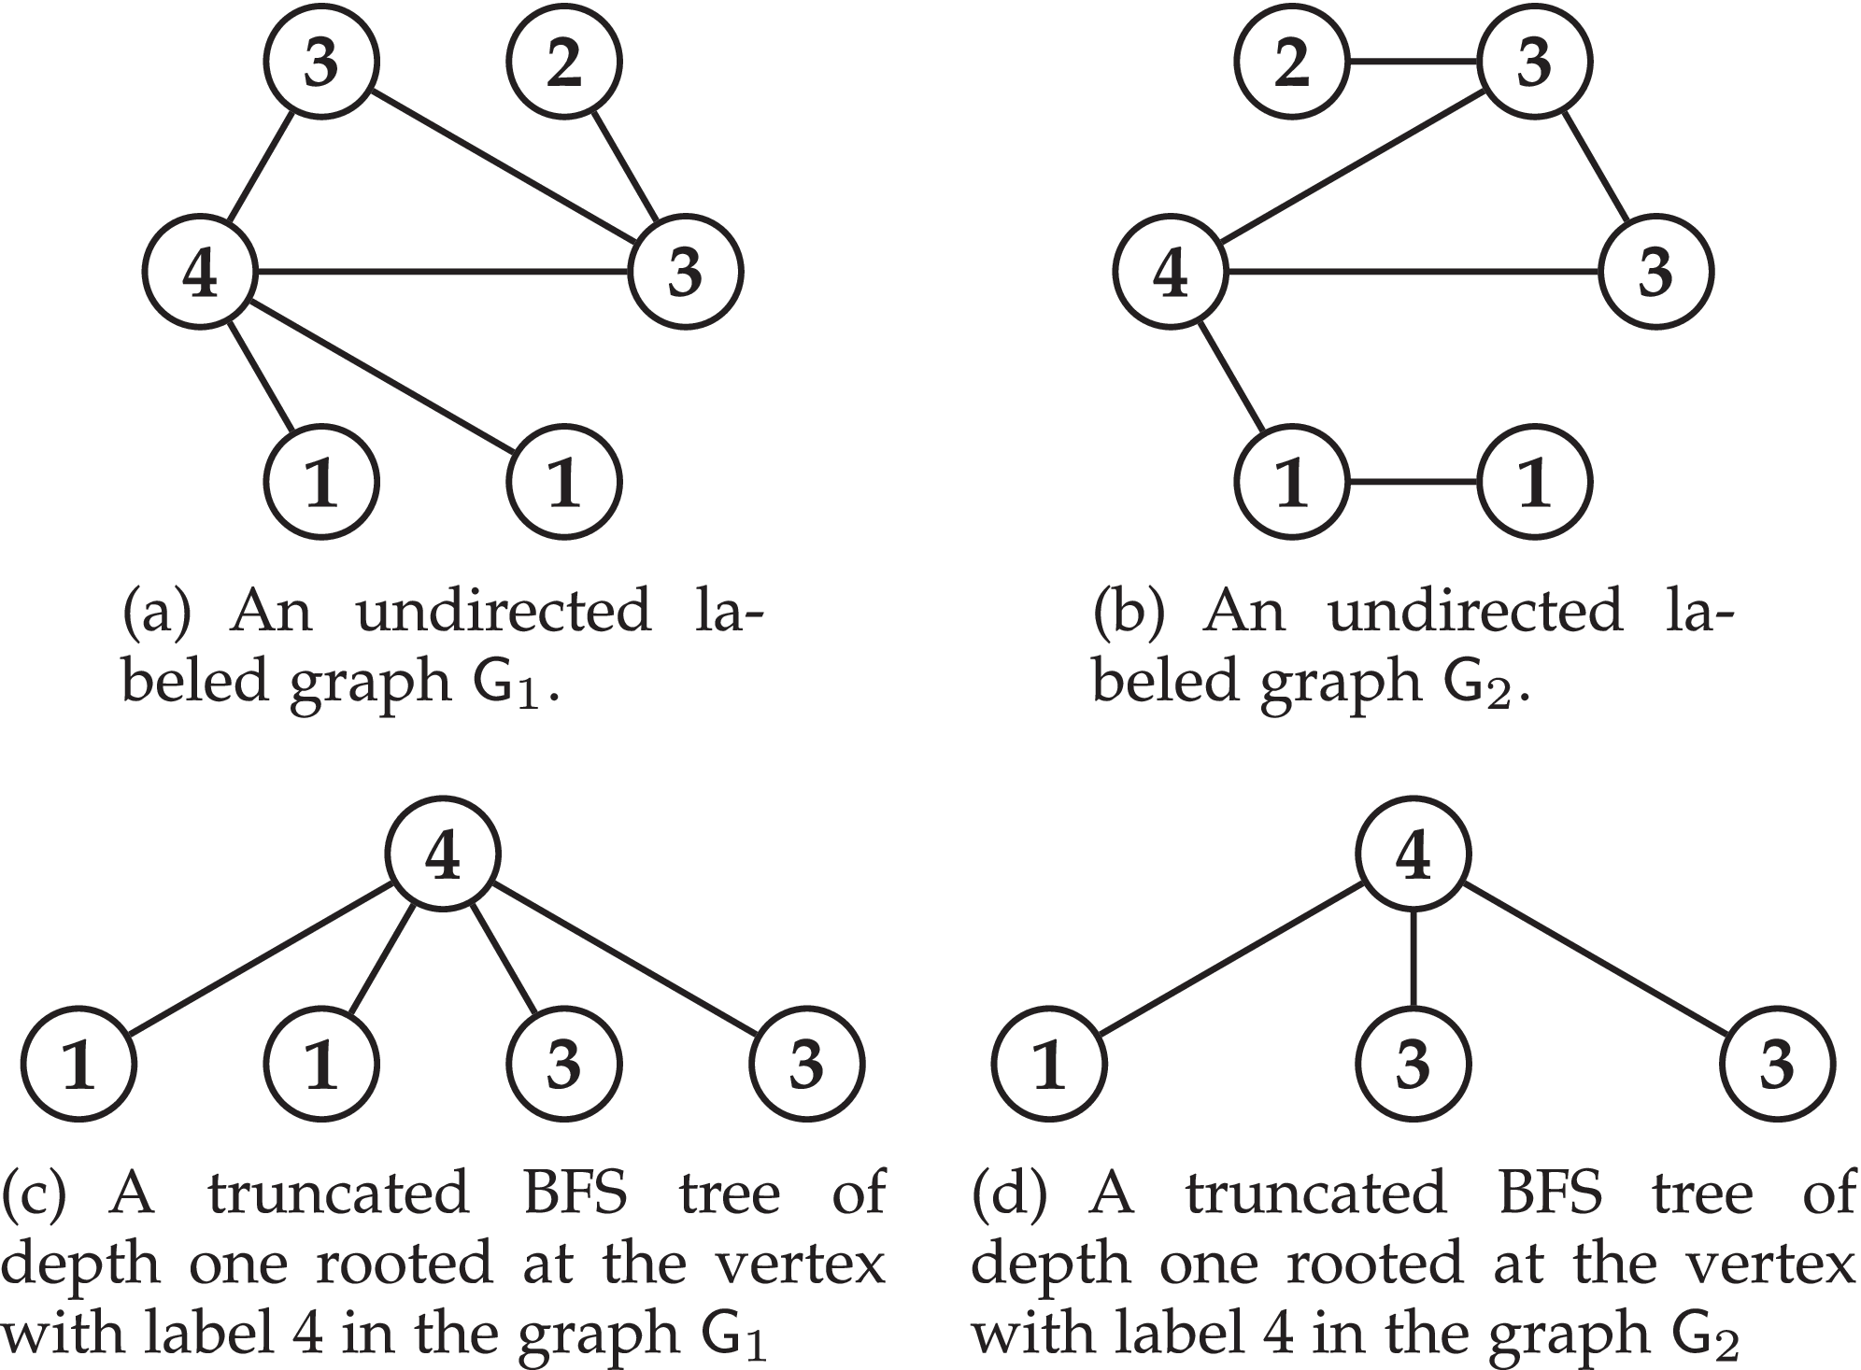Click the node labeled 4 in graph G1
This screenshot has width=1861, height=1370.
pyautogui.click(x=200, y=273)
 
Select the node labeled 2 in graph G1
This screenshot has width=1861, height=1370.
pyautogui.click(x=563, y=64)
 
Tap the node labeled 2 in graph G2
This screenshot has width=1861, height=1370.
pyautogui.click(x=1292, y=64)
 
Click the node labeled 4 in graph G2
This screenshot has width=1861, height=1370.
pyautogui.click(x=1171, y=273)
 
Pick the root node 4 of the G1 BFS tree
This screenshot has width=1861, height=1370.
pyautogui.click(x=443, y=854)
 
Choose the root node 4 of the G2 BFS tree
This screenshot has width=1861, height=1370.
pyautogui.click(x=1413, y=854)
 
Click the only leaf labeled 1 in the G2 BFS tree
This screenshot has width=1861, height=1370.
pyautogui.click(x=1048, y=1064)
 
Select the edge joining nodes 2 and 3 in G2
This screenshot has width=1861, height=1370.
pyautogui.click(x=1413, y=64)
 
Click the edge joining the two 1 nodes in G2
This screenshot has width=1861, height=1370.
pyautogui.click(x=1413, y=483)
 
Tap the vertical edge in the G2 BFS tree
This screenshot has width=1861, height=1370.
pyautogui.click(x=1413, y=958)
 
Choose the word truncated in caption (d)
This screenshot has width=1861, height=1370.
pyautogui.click(x=1315, y=1194)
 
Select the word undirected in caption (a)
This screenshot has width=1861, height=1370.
pyautogui.click(x=504, y=612)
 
